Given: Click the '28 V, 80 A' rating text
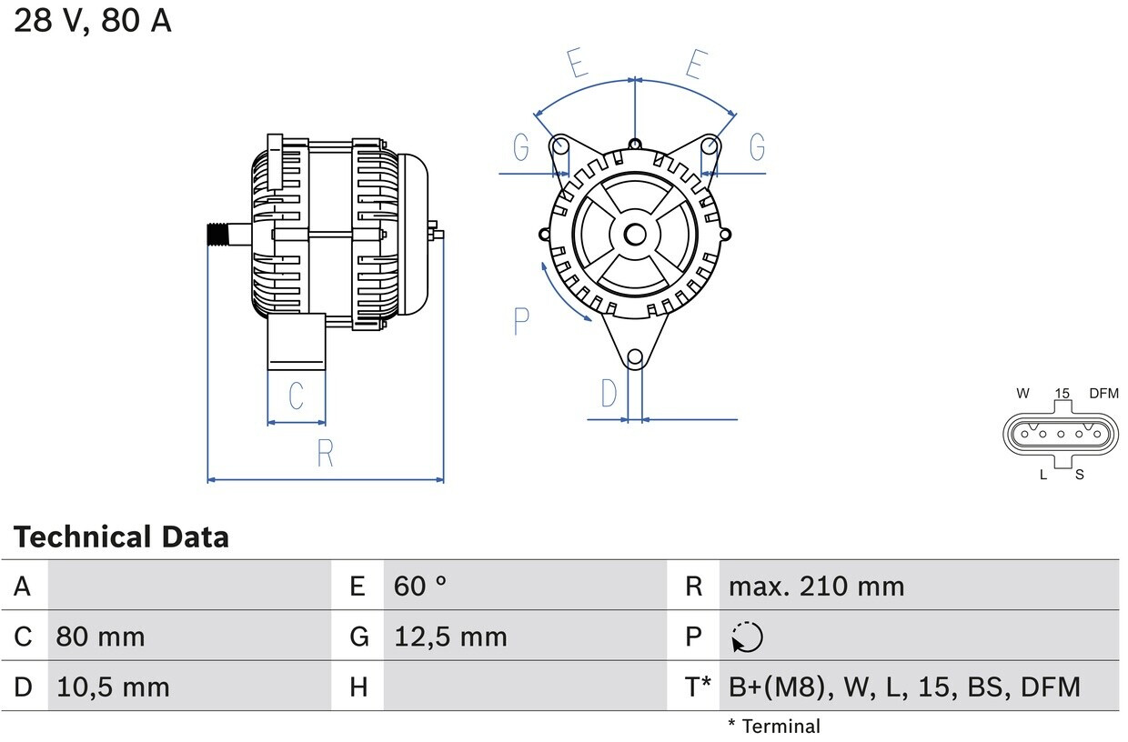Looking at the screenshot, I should point(92,21).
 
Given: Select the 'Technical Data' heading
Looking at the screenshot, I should point(121,537).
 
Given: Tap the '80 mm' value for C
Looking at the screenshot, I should point(100,637).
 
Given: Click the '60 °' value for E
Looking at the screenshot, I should point(420,587).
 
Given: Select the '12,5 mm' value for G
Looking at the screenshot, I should point(450,637).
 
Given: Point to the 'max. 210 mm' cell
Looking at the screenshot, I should point(816,587).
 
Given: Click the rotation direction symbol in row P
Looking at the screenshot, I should point(747,637).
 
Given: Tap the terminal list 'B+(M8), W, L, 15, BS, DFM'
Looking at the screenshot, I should point(904,687).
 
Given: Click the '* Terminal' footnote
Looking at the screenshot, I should point(773,727).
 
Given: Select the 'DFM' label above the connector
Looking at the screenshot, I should point(1103,394).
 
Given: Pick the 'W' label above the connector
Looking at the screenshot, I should point(1023,394).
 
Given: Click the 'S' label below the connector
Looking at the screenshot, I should point(1080,475).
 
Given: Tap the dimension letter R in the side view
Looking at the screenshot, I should point(325,453).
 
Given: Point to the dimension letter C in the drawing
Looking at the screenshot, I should point(296,396).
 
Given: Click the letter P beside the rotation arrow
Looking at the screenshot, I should point(521,321).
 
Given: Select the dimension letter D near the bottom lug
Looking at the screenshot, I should point(609,394).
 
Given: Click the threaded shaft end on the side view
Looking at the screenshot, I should point(217,234).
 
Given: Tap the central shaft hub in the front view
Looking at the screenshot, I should point(635,235).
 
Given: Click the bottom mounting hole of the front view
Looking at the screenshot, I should point(636,357).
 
